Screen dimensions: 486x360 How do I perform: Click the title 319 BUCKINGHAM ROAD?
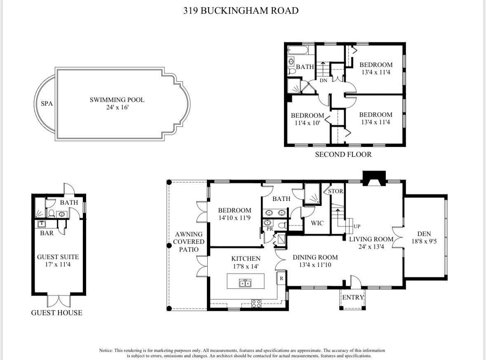[x=241, y=11]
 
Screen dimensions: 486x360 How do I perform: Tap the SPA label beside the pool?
[x=47, y=104]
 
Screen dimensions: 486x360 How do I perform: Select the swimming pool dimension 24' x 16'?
[x=117, y=108]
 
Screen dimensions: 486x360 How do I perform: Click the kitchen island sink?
[x=246, y=283]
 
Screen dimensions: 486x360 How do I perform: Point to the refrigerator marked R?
[x=282, y=278]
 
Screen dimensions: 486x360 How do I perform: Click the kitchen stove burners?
[x=256, y=303]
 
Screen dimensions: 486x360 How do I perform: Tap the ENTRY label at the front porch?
[x=353, y=297]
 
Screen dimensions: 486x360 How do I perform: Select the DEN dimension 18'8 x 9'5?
[x=424, y=241]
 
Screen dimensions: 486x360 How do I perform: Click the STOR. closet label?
[x=336, y=191]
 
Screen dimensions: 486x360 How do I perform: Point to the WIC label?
[x=317, y=223]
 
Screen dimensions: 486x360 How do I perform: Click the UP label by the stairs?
[x=357, y=226]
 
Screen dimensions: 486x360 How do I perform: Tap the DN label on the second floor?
[x=323, y=80]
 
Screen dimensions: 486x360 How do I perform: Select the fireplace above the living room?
[x=374, y=178]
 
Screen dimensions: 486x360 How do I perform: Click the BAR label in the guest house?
[x=47, y=233]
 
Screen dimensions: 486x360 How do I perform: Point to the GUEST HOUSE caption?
[x=57, y=313]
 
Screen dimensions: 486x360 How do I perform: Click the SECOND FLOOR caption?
[x=343, y=154]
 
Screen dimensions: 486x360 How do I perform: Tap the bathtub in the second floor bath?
[x=298, y=50]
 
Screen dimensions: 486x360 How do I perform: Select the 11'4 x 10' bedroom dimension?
[x=307, y=123]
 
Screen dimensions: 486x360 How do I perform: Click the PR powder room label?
[x=270, y=229]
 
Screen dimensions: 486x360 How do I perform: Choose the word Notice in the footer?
[x=106, y=351]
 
